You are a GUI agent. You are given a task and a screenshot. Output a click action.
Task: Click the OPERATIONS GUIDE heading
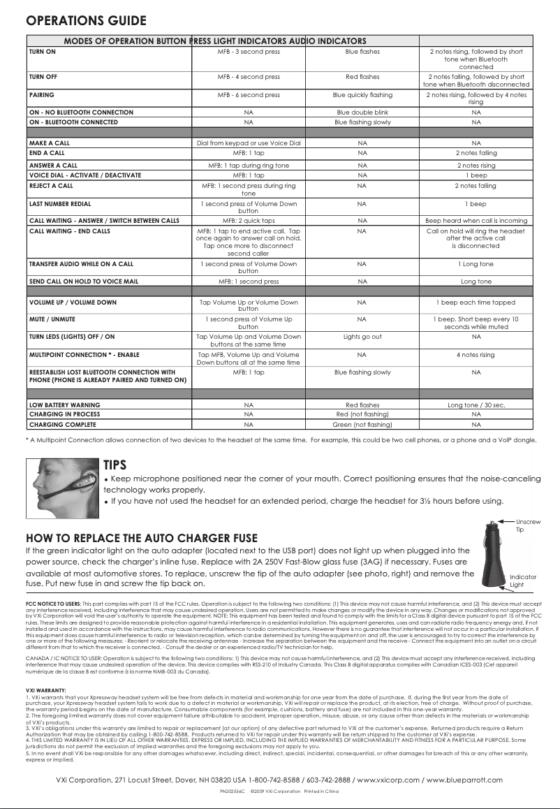click(86, 20)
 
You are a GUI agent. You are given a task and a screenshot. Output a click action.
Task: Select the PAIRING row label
click(41, 94)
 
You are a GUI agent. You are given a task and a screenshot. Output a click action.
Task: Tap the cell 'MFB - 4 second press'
click(249, 76)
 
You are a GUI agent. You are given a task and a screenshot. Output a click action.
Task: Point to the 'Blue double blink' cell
click(362, 112)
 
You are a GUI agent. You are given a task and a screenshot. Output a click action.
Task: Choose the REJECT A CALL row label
click(51, 186)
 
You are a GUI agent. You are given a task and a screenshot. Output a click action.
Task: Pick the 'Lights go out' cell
click(362, 336)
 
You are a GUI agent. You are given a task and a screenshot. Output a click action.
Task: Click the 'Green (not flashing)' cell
click(362, 424)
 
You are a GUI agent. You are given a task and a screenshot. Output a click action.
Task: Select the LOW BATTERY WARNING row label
click(64, 404)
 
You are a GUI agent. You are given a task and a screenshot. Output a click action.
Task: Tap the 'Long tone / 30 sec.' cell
click(476, 404)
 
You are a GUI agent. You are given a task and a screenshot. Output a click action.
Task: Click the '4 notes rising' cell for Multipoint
click(476, 354)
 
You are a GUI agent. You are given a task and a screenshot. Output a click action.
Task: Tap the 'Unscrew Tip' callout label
click(527, 525)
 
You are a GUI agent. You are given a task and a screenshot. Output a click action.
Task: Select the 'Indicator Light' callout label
click(522, 580)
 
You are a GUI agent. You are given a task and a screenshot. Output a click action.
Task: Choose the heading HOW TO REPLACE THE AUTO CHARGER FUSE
click(141, 538)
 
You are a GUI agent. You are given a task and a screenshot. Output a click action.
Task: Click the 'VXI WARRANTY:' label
click(46, 690)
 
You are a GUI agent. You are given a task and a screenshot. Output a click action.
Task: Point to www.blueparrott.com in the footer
click(464, 780)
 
